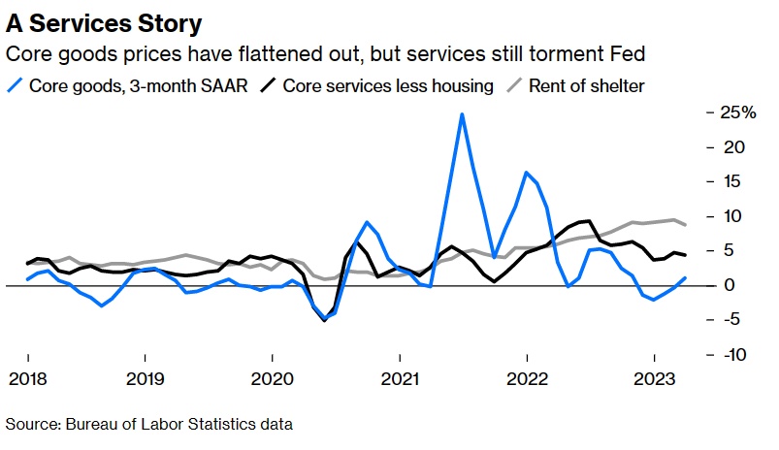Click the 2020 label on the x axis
click(x=272, y=377)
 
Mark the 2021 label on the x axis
click(x=400, y=377)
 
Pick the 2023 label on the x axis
click(x=655, y=377)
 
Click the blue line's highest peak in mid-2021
click(x=462, y=114)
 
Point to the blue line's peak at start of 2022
click(x=526, y=173)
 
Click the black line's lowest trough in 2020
click(x=324, y=320)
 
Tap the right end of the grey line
click(x=687, y=225)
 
